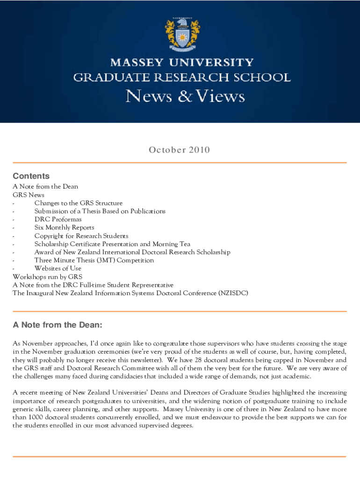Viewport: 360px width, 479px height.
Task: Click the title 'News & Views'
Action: (185, 96)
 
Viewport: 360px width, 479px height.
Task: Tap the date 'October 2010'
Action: (179, 150)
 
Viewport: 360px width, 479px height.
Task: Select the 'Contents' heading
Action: (31, 176)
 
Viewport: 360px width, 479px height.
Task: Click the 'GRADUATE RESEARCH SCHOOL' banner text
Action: (181, 77)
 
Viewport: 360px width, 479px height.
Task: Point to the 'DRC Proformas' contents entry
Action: (58, 219)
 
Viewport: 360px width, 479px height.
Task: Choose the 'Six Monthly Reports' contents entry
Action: (64, 227)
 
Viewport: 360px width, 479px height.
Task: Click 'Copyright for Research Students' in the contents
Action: (81, 236)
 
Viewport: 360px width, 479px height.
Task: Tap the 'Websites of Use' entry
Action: (58, 268)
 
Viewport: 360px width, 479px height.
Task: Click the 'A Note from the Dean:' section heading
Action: (57, 325)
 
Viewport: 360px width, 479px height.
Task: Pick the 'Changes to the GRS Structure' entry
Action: (78, 203)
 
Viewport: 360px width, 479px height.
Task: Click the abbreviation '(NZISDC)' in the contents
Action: (231, 293)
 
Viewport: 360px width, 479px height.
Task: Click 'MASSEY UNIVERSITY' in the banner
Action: (181, 62)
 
